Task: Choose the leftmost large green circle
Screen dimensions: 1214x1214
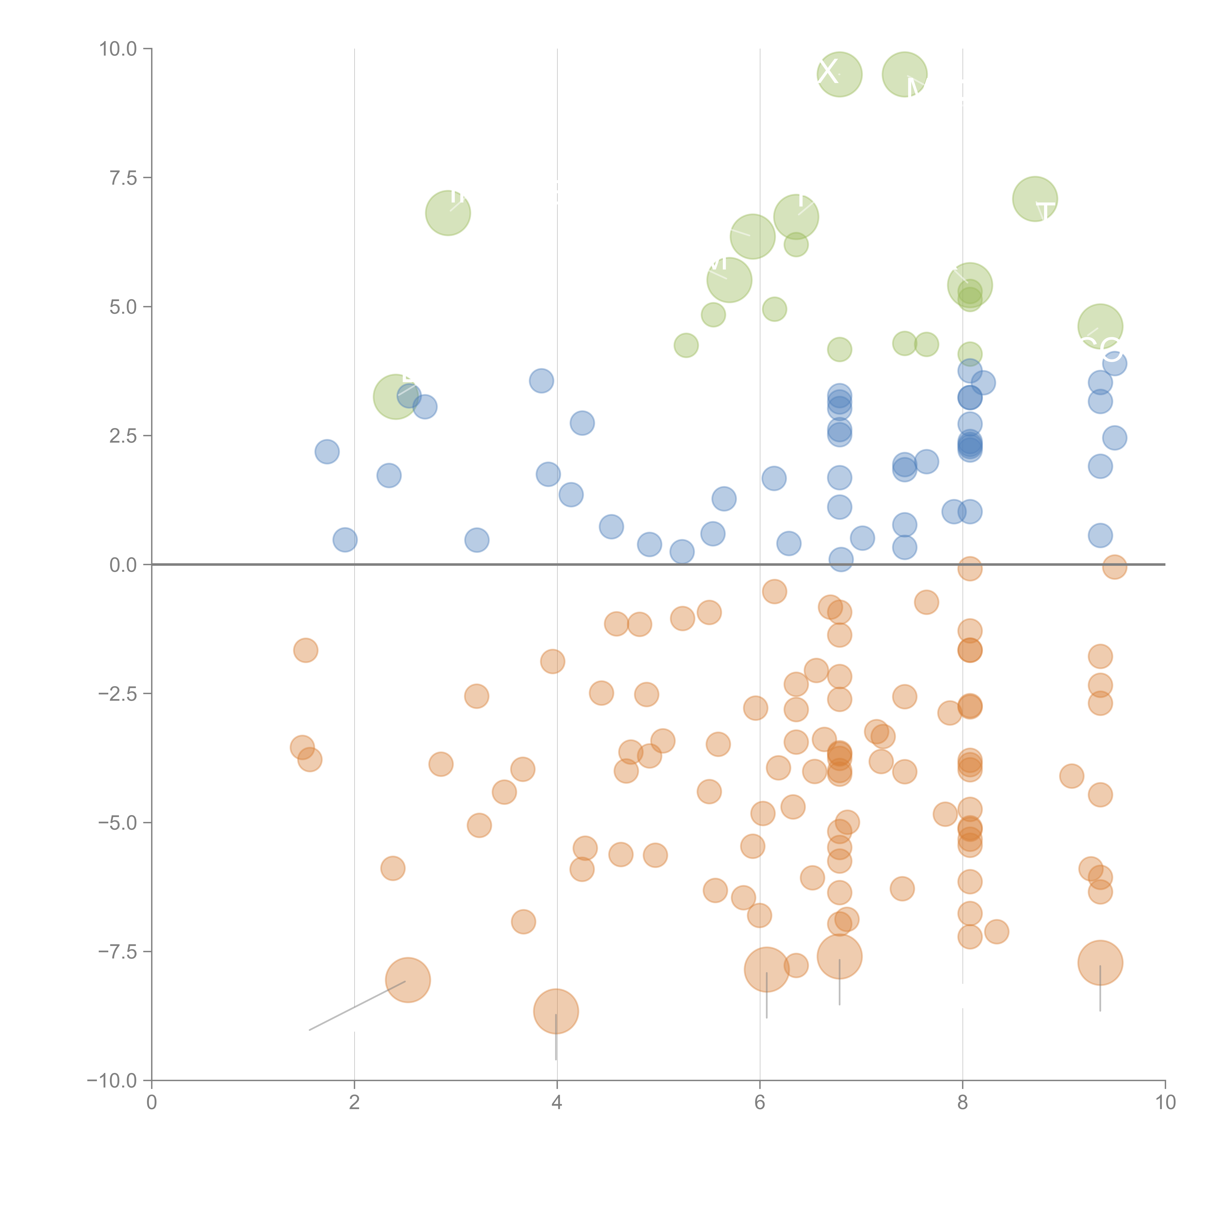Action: [x=395, y=396]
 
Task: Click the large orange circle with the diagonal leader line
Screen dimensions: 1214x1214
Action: [x=408, y=980]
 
